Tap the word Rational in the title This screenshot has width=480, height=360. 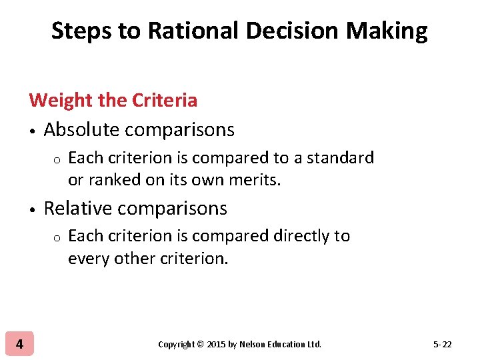(x=170, y=31)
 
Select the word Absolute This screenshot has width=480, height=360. (x=83, y=130)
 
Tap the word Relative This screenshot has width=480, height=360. (x=79, y=209)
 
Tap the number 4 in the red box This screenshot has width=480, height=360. (x=19, y=344)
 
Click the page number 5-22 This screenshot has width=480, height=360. (x=443, y=345)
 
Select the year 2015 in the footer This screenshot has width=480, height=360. (x=217, y=345)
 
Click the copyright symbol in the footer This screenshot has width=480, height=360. (x=201, y=345)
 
